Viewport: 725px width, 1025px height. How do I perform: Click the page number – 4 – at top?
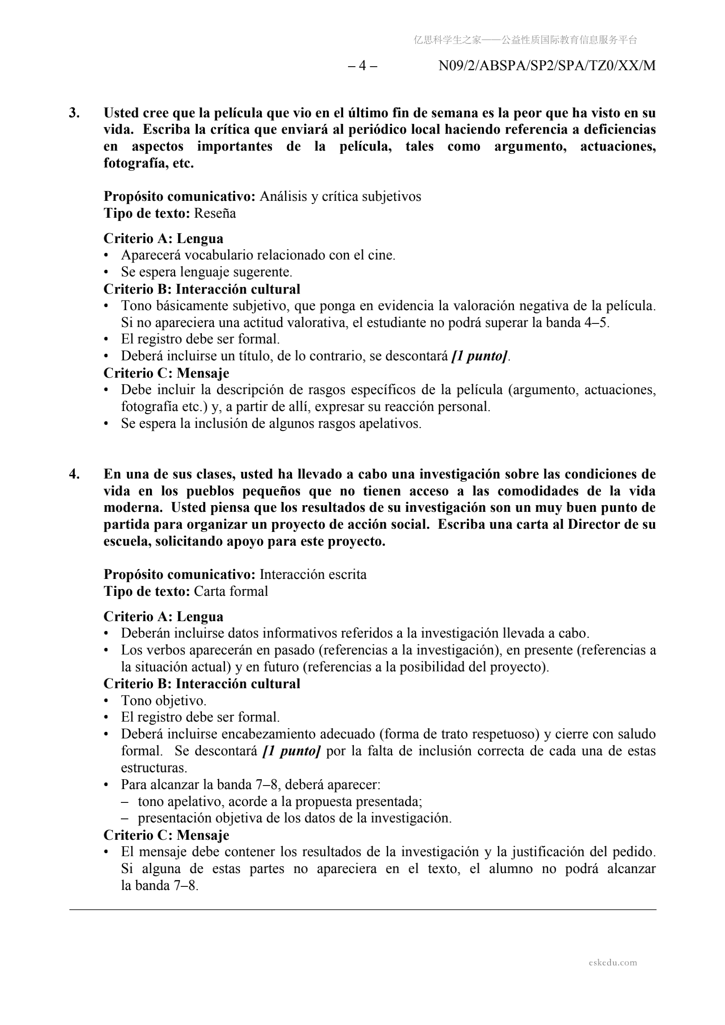point(362,66)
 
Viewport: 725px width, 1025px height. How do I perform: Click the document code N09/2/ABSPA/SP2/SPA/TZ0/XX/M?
point(547,66)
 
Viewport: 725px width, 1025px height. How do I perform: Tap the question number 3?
point(74,113)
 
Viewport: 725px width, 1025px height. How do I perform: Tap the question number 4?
point(74,474)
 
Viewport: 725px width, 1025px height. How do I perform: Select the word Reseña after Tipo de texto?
point(215,213)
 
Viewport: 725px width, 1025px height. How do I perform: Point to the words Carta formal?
point(231,591)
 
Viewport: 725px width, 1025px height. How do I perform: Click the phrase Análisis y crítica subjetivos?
point(340,196)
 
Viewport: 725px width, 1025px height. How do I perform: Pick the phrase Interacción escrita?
point(312,574)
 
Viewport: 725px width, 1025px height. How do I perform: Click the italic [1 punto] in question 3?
point(479,356)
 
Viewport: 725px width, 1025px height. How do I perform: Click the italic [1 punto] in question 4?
point(292,751)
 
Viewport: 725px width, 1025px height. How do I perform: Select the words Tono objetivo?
point(164,701)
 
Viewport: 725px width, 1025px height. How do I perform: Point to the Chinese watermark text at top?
point(525,40)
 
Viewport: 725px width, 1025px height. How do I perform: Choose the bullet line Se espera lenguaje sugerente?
point(206,272)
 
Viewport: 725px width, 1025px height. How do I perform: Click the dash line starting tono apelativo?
point(280,802)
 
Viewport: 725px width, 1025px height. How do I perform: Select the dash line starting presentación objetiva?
point(295,818)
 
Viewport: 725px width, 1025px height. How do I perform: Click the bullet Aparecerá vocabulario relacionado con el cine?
point(258,255)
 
